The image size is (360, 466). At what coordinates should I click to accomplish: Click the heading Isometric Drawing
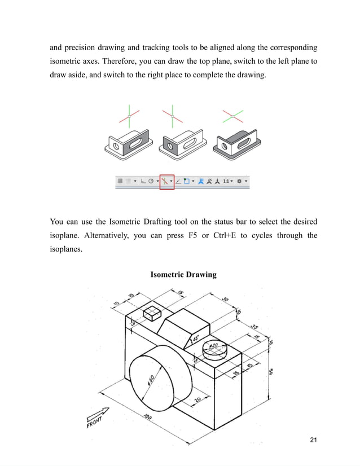tap(183, 275)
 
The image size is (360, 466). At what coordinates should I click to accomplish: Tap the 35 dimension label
tap(254, 327)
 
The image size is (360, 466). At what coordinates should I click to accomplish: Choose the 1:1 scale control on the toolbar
tap(227, 181)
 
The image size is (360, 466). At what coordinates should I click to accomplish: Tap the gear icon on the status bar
tap(240, 181)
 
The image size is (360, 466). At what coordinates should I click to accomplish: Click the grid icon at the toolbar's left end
tap(120, 181)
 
